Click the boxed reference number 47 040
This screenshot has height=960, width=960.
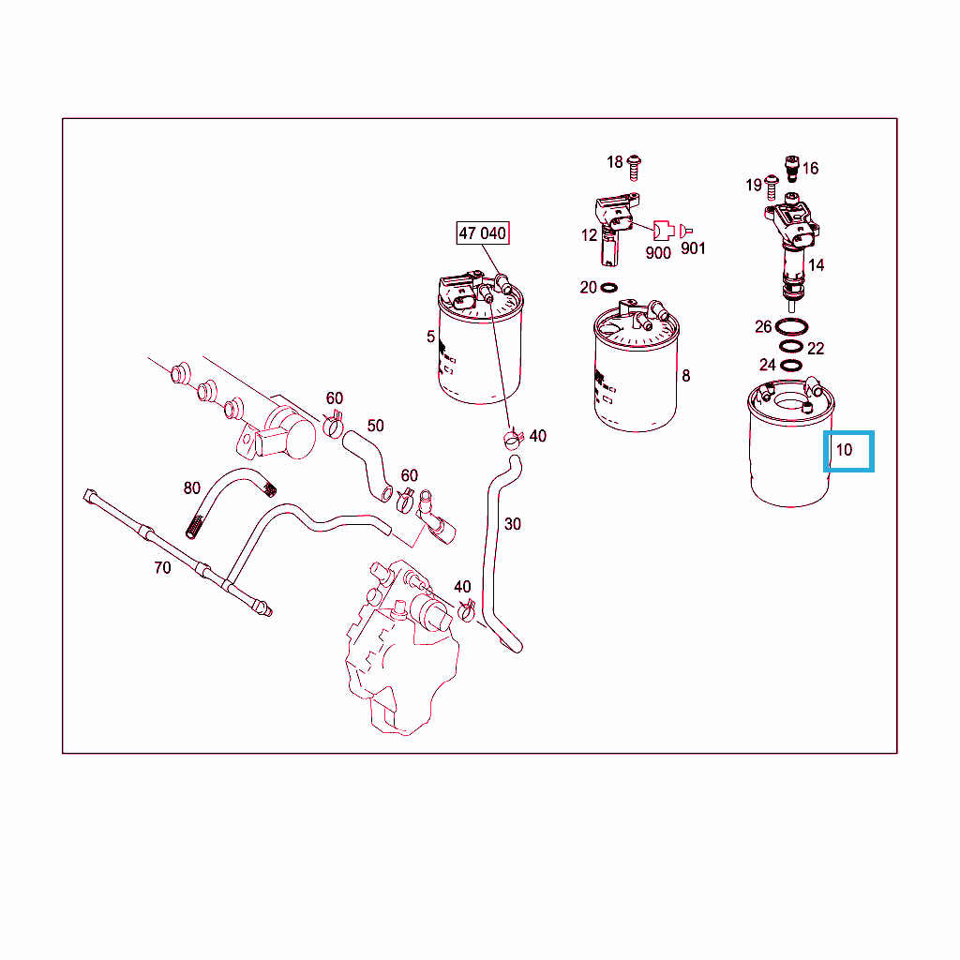pyautogui.click(x=483, y=233)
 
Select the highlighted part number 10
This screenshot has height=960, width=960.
pyautogui.click(x=845, y=450)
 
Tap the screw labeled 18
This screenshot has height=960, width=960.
pyautogui.click(x=635, y=168)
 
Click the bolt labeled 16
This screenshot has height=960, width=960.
pyautogui.click(x=792, y=169)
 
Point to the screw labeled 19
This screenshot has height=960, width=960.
pyautogui.click(x=772, y=187)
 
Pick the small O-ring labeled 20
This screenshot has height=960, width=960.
pyautogui.click(x=609, y=287)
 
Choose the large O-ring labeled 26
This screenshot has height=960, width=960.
pyautogui.click(x=791, y=326)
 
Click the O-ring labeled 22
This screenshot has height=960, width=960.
pyautogui.click(x=791, y=347)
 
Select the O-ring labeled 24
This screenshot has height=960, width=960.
pyautogui.click(x=791, y=366)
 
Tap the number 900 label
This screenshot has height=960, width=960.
pyautogui.click(x=658, y=252)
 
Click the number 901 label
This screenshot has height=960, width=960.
pyautogui.click(x=693, y=247)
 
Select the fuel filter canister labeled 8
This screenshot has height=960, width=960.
pyautogui.click(x=637, y=367)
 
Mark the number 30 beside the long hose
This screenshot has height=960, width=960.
pyautogui.click(x=513, y=524)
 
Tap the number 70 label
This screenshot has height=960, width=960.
pyautogui.click(x=162, y=567)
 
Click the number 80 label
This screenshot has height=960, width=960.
pyautogui.click(x=191, y=487)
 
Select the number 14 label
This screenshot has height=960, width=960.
pyautogui.click(x=817, y=265)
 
